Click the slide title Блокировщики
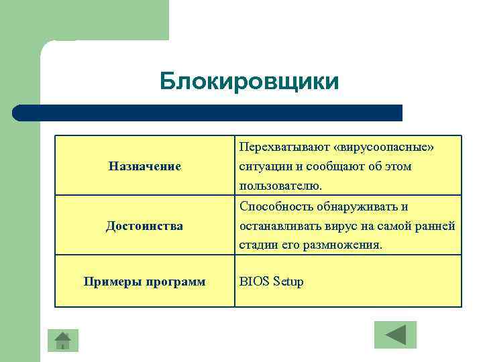(250, 81)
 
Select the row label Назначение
(145, 166)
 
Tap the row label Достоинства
(144, 226)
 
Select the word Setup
(288, 282)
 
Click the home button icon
(63, 341)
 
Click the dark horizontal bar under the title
(208, 113)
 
